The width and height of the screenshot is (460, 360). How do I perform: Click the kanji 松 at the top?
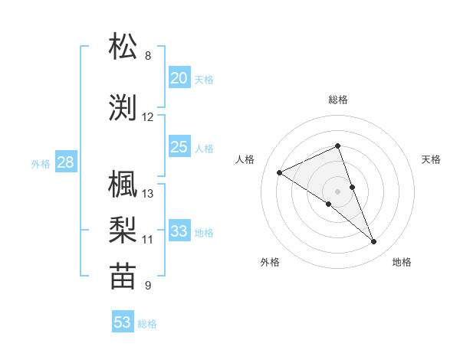123,47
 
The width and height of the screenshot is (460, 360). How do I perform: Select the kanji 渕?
123,108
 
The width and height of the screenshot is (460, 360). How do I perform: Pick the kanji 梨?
123,231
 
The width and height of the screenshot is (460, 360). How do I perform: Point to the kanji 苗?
123,277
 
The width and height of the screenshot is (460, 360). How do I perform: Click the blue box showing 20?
179,78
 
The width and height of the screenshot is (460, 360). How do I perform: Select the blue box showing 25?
179,147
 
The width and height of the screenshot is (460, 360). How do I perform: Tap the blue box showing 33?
179,231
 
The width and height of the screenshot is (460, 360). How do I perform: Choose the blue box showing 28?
65,162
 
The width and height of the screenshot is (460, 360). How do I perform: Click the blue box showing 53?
123,322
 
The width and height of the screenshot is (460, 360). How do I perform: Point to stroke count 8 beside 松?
148,56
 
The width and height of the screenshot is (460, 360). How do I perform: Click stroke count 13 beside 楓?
148,193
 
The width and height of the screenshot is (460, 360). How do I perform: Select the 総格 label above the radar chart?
338,100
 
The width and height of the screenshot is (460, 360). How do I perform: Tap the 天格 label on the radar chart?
431,159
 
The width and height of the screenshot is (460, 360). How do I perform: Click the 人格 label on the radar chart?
245,159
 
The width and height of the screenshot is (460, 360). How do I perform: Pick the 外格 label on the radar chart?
270,263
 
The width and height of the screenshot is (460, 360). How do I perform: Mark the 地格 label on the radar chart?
402,263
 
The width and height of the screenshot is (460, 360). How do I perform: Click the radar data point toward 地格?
374,242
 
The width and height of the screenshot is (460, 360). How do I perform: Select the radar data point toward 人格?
280,172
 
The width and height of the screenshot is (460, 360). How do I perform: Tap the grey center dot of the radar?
338,191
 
